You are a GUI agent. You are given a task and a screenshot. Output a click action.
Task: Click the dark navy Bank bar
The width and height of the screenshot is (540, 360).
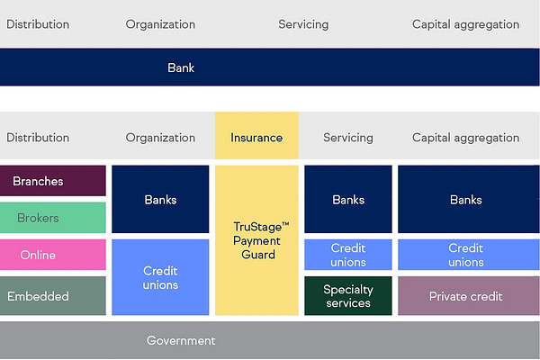(x=270, y=67)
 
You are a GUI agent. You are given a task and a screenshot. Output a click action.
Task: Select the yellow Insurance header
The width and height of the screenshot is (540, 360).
(x=256, y=138)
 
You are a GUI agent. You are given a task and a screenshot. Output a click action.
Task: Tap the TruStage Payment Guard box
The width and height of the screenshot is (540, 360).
(x=256, y=240)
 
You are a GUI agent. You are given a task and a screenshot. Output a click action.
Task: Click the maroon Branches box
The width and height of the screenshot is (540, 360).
(x=52, y=181)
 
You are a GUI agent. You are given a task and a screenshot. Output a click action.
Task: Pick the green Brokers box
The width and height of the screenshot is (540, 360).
(x=52, y=218)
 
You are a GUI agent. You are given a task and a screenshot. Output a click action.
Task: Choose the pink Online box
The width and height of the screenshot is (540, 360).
(x=52, y=255)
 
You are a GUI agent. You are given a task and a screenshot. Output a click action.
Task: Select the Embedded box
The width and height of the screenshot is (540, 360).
(x=52, y=296)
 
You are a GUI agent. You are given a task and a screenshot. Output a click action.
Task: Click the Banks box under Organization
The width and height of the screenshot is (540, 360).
(x=160, y=199)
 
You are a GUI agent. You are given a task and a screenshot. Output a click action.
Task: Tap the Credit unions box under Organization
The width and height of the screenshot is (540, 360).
(x=160, y=277)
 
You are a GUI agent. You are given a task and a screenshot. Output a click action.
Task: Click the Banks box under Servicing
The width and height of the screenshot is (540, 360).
(x=348, y=199)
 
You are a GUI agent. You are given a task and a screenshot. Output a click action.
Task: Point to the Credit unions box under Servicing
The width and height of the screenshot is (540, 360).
(x=348, y=255)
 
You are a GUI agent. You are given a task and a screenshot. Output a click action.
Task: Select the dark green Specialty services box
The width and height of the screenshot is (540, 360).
(x=348, y=296)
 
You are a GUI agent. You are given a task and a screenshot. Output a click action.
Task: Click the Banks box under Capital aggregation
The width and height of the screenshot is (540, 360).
(x=465, y=199)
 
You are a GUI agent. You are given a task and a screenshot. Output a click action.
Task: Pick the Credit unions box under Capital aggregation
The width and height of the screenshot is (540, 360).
(x=465, y=255)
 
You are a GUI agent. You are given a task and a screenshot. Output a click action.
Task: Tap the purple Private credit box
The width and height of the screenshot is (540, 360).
(x=465, y=296)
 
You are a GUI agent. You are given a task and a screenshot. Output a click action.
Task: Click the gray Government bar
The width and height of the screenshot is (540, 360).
(x=270, y=340)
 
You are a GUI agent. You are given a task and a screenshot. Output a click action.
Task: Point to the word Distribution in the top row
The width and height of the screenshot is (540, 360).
(x=38, y=24)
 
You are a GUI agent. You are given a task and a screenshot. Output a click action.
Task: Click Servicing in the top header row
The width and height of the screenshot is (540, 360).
(x=303, y=24)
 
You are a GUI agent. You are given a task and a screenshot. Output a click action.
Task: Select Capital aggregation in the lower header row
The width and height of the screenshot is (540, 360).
(x=465, y=138)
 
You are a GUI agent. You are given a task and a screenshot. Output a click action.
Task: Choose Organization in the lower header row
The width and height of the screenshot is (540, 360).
(x=160, y=138)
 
